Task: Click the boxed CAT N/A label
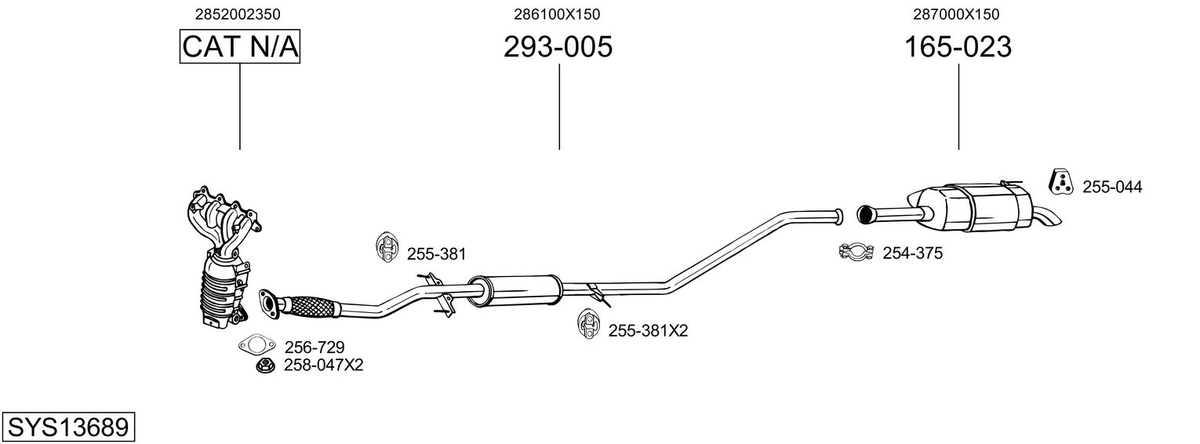click(x=239, y=46)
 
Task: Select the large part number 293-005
click(x=558, y=46)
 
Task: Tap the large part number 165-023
click(x=958, y=46)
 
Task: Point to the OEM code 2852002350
click(x=238, y=14)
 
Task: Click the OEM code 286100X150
click(x=557, y=14)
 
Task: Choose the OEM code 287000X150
click(x=956, y=14)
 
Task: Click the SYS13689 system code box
click(x=68, y=428)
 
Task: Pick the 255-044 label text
click(x=1112, y=187)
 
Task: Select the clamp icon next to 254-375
click(x=856, y=252)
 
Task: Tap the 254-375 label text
click(x=912, y=253)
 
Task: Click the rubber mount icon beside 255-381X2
click(x=588, y=323)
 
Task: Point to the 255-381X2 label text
click(x=648, y=330)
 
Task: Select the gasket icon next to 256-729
click(x=256, y=345)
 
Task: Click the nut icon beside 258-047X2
click(x=263, y=366)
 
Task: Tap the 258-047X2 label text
click(x=324, y=366)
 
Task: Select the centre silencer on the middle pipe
click(x=515, y=290)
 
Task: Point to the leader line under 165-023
click(x=958, y=107)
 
